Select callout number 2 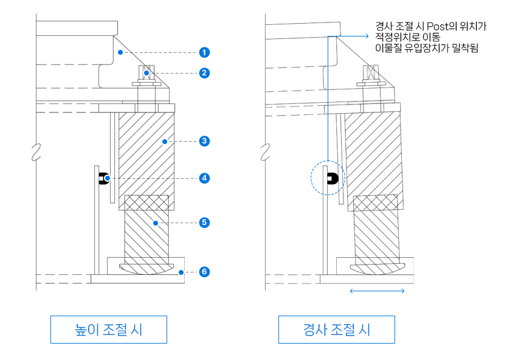point(204,73)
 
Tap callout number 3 point(204,141)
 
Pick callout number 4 point(204,178)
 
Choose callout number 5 point(204,223)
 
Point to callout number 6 point(204,271)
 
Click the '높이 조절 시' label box point(108,330)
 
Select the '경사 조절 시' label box point(336,330)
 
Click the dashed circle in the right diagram point(328,178)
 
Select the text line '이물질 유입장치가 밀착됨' point(427,48)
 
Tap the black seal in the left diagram point(103,178)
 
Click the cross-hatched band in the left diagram point(146,202)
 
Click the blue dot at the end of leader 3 point(164,141)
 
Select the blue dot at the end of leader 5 point(156,223)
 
